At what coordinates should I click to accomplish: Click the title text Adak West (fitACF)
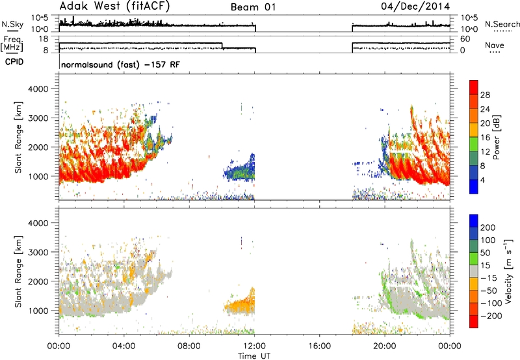coord(114,6)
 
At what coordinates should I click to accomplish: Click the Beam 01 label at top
coord(253,7)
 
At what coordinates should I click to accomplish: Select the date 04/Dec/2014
coord(415,6)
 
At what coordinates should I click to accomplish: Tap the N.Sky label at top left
coord(12,24)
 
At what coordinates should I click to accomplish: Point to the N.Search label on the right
coord(502,24)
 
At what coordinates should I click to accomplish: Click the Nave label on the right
coord(495,45)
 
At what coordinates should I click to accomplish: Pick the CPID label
coord(14,62)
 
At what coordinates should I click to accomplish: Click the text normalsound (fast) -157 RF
coord(121,64)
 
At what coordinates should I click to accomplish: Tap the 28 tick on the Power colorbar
coord(485,95)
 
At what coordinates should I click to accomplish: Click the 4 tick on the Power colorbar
coord(482,180)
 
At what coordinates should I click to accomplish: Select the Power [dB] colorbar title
coord(497,137)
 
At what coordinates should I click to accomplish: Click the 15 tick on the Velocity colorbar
coord(485,265)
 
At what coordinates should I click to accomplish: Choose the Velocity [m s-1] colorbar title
coord(508,271)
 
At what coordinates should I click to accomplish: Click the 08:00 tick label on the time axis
coord(189,346)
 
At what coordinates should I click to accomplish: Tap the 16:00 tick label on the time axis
coord(319,346)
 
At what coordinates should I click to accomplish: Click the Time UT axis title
coord(254,356)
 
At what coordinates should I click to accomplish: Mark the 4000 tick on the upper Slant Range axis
coord(38,89)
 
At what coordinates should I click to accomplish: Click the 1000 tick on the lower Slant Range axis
coord(38,311)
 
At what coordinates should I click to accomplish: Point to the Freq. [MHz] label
coord(12,44)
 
